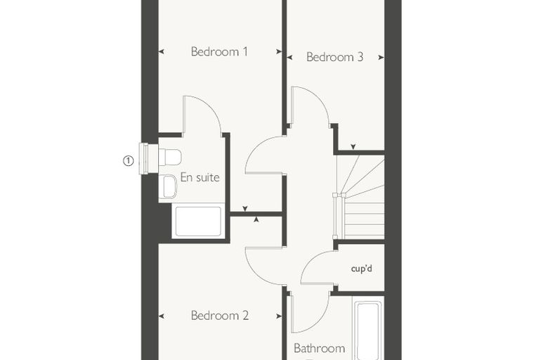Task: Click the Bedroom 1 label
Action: (x=219, y=51)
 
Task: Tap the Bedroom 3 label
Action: (x=334, y=57)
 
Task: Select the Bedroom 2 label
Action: (x=220, y=315)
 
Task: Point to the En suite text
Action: (x=200, y=177)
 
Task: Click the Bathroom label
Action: (x=319, y=348)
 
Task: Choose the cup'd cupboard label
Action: (x=361, y=269)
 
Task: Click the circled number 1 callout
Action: (x=128, y=160)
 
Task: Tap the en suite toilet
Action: (x=169, y=157)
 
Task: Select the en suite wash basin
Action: (x=169, y=186)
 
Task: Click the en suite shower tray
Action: (x=198, y=221)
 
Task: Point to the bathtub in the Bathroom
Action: (x=367, y=328)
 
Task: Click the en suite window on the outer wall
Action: (x=145, y=158)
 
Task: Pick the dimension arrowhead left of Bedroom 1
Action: (x=162, y=52)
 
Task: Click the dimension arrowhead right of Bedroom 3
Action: (x=381, y=58)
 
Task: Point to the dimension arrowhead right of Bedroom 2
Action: (x=279, y=316)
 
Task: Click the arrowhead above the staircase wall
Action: (x=353, y=146)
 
